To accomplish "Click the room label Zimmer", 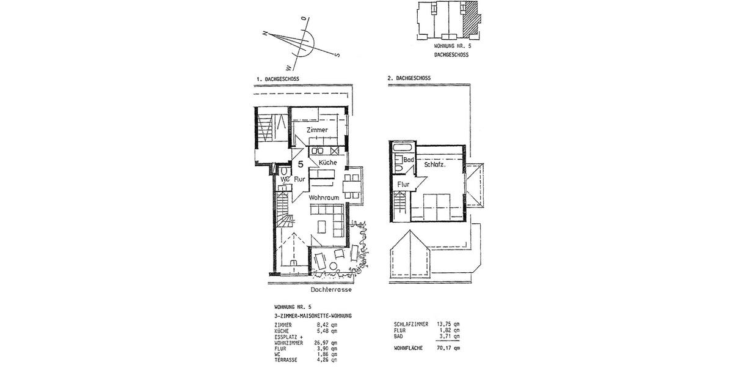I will [318, 130].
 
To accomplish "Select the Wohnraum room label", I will [324, 198].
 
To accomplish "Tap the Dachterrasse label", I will [332, 291].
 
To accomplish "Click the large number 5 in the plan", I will [301, 164].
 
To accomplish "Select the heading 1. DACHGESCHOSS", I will [278, 79].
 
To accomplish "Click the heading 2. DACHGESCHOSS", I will [409, 78].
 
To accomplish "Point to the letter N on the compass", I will [265, 34].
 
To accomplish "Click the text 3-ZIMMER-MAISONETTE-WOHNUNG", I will [313, 315].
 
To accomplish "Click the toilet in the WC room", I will [284, 170].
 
